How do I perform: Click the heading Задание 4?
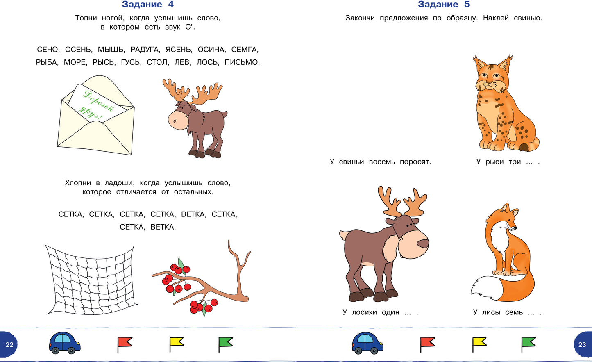click(x=148, y=4)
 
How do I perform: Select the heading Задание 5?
click(x=444, y=4)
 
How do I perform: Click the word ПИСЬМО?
click(x=242, y=62)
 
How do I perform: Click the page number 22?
click(x=9, y=344)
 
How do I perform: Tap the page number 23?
click(x=582, y=344)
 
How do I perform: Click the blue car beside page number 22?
click(x=65, y=343)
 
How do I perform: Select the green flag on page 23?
click(x=528, y=344)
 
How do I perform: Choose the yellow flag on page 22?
click(x=176, y=344)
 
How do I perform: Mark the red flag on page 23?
click(x=428, y=344)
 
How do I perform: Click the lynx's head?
click(x=492, y=76)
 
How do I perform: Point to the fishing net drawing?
click(x=91, y=280)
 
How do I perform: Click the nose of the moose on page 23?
click(x=423, y=243)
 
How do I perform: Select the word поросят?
click(x=415, y=162)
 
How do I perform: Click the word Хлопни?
click(x=78, y=183)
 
